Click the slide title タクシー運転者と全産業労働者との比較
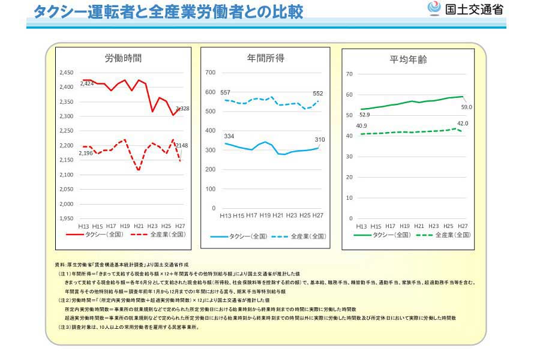168,12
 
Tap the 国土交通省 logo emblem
433,8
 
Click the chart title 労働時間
124,58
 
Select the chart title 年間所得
265,58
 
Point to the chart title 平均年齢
409,59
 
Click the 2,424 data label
87,84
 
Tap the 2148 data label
182,146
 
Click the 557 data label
226,92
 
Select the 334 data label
229,136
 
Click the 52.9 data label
364,115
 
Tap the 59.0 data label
466,107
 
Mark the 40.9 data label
362,126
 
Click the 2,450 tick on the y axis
66,73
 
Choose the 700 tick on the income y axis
210,73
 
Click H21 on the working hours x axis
139,226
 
